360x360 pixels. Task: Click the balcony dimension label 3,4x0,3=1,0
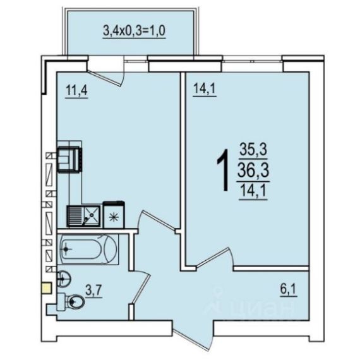(135, 31)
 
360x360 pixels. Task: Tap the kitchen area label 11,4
(76, 90)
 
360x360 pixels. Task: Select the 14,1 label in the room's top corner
(205, 88)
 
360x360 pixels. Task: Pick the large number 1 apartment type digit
(223, 170)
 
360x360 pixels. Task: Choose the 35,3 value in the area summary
(253, 149)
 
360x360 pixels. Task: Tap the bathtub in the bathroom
(88, 249)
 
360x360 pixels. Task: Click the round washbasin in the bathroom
(63, 279)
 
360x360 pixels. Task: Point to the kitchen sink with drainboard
(84, 216)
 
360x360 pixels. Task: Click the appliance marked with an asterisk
(114, 215)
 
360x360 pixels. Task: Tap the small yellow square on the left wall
(47, 289)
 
